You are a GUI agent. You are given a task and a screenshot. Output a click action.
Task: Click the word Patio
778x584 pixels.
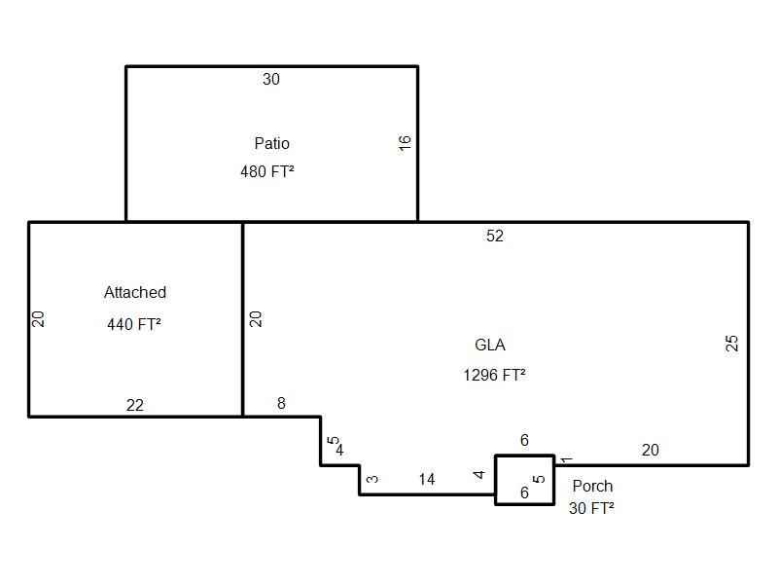tap(272, 143)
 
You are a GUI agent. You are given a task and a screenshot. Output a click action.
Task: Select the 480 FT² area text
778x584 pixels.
tap(267, 172)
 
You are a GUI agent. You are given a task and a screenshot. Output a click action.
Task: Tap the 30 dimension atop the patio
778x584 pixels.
tap(271, 80)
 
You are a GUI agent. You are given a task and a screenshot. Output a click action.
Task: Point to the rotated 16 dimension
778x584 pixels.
tap(405, 143)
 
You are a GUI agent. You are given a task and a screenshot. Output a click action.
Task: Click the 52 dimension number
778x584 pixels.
tap(495, 236)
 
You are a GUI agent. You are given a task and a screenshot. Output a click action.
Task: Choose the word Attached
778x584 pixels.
tap(135, 293)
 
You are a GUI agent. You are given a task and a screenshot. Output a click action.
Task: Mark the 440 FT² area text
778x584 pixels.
tap(134, 324)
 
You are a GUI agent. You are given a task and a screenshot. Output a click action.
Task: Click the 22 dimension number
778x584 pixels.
tap(135, 406)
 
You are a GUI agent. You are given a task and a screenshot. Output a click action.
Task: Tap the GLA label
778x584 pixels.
tap(490, 345)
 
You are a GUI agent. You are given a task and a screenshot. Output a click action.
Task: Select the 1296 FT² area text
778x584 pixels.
tap(495, 375)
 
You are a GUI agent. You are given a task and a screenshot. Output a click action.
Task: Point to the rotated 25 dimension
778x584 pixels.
tap(732, 344)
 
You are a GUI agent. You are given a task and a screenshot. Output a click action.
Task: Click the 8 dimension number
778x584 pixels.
tap(281, 403)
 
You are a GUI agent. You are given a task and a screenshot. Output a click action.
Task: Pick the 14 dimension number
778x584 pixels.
tap(427, 479)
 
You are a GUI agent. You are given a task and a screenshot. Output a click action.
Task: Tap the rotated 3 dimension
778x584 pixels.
tap(372, 479)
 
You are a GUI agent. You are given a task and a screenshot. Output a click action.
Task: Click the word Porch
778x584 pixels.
tap(592, 486)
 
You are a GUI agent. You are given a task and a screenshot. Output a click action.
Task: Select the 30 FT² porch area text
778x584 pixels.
tap(591, 508)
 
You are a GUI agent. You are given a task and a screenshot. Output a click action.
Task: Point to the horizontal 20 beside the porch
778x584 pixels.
tap(651, 451)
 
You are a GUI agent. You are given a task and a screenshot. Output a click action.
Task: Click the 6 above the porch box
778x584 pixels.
tap(524, 440)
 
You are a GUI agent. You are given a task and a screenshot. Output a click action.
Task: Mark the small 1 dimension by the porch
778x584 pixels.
tap(567, 459)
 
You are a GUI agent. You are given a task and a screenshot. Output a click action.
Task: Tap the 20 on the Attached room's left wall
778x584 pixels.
tap(38, 319)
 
